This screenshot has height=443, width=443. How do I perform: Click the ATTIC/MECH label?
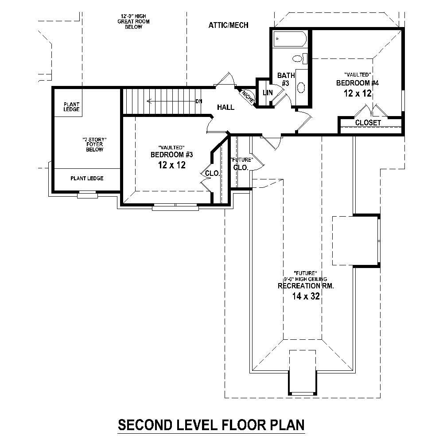coord(228,25)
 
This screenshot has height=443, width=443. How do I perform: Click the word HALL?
coord(225,107)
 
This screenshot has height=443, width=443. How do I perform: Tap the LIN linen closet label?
coord(268,93)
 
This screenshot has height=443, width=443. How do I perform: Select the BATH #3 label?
coord(283,79)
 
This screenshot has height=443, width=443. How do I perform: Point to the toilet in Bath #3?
coord(298,58)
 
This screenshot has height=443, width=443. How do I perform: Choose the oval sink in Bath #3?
coord(301,87)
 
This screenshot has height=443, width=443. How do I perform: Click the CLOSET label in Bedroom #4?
coord(368,123)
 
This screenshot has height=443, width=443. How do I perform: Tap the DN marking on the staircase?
coord(199,101)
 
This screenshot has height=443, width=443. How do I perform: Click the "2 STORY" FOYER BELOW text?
coord(94,144)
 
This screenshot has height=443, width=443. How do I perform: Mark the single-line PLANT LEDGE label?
coord(87,179)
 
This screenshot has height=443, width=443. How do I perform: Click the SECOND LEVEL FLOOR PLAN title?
coord(211,425)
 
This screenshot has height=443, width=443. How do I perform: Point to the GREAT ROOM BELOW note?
coord(130,21)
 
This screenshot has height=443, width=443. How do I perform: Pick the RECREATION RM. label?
coord(306,286)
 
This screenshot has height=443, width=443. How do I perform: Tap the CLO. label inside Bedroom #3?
coord(213,174)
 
